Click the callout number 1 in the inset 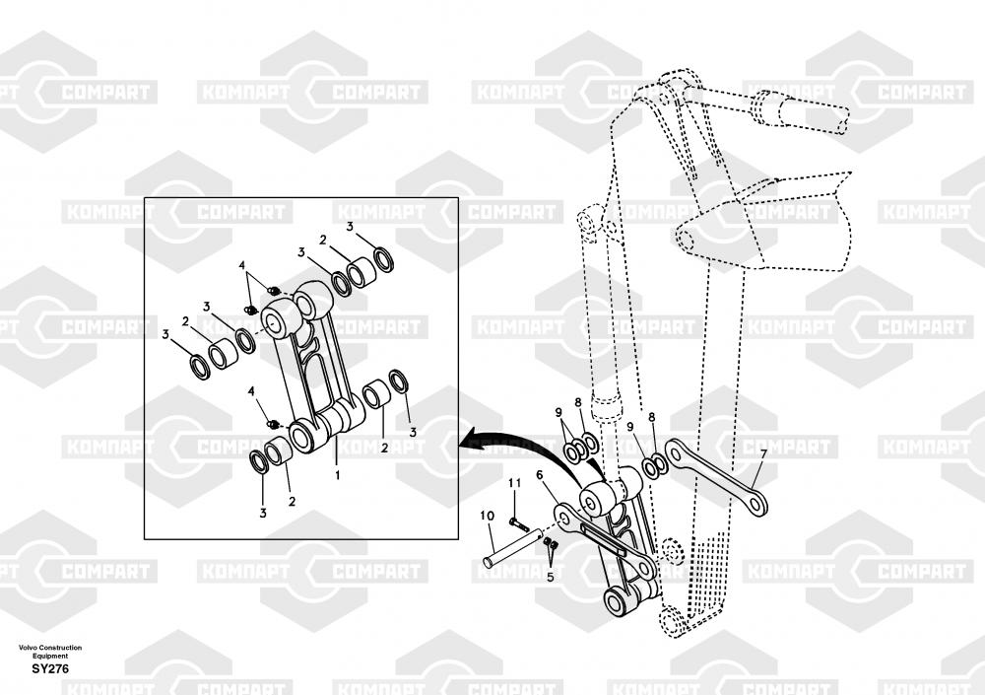tap(337, 474)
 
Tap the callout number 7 tap(760, 453)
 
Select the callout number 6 tap(540, 475)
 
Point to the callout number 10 tap(487, 515)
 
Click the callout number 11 tap(513, 483)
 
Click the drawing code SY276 tap(50, 669)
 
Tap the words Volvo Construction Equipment tap(50, 651)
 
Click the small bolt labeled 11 tap(515, 520)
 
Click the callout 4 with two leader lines tap(240, 266)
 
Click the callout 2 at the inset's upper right tap(322, 240)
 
